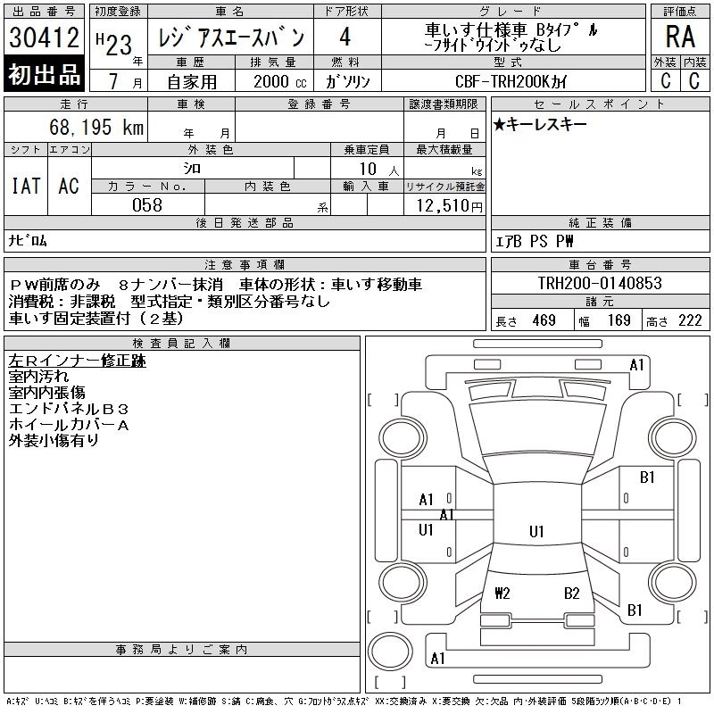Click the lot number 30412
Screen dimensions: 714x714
coord(44,37)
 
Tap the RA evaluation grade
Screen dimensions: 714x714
coord(680,37)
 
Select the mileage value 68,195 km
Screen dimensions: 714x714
coord(96,127)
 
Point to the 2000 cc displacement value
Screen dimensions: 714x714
coord(280,81)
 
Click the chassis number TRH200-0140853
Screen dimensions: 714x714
coord(600,283)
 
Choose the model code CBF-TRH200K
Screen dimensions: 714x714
coord(503,81)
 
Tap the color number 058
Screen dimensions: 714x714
coord(147,205)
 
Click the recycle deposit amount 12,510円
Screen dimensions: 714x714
coord(449,205)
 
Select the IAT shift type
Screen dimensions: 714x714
coord(26,186)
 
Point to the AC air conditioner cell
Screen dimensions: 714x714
coord(69,186)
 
